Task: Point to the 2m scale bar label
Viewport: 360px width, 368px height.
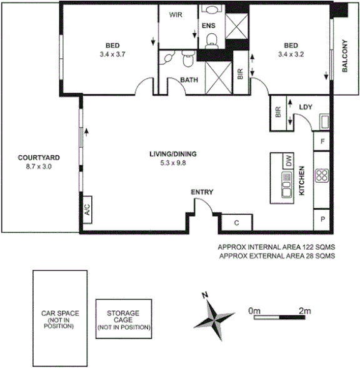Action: coord(304,310)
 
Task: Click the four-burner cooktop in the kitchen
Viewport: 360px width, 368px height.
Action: coord(322,175)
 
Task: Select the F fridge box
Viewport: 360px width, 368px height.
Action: coord(322,141)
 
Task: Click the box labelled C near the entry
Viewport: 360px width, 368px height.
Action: coord(237,222)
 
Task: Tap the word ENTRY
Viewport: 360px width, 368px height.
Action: coord(202,192)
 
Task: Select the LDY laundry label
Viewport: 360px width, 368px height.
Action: coord(306,106)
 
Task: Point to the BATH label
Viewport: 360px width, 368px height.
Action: coord(189,80)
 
